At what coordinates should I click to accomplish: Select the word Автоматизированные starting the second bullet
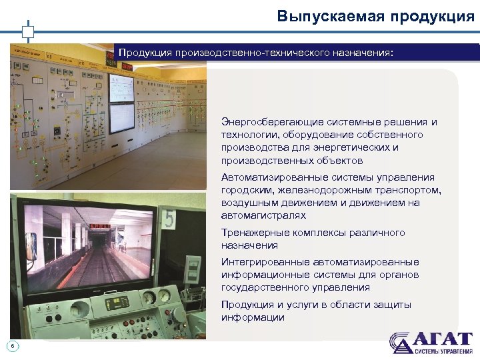(272, 177)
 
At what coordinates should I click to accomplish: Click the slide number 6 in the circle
(13, 345)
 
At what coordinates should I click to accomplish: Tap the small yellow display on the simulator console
(115, 303)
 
